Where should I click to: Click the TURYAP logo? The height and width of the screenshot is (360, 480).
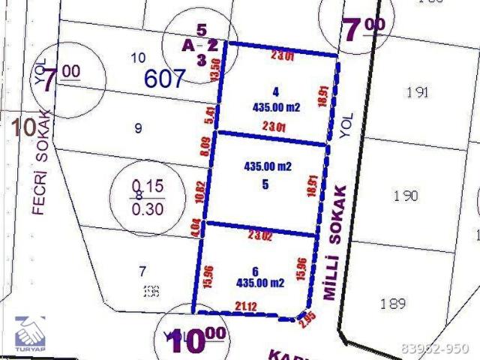(31, 334)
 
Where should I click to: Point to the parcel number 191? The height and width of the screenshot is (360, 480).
(418, 92)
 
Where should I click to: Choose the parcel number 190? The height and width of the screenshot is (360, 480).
(406, 196)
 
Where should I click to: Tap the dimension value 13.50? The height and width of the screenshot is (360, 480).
(216, 73)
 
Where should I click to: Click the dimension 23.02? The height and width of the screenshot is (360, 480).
(259, 235)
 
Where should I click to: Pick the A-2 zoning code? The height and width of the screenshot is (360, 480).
(200, 45)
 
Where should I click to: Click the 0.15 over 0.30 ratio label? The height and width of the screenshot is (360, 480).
(147, 196)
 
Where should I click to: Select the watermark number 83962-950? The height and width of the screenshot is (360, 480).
(434, 349)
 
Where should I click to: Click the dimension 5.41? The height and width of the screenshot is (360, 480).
(209, 115)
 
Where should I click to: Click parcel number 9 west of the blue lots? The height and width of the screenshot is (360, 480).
(138, 128)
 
